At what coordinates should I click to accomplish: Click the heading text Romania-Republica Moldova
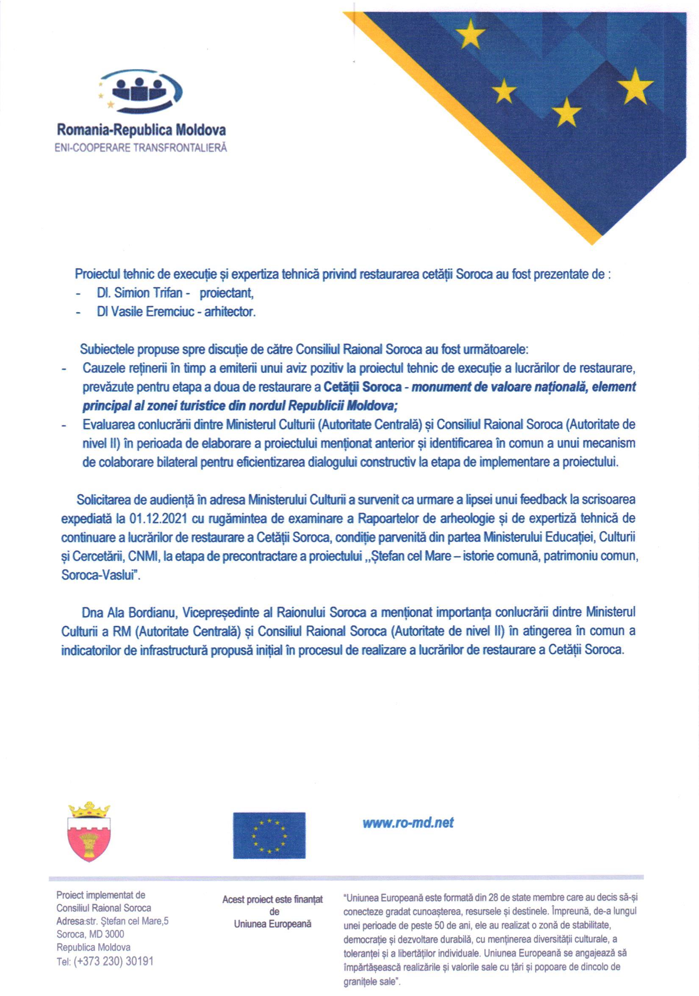pyautogui.click(x=141, y=130)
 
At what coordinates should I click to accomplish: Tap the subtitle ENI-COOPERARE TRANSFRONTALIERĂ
pyautogui.click(x=140, y=148)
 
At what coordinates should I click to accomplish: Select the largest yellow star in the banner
pyautogui.click(x=635, y=86)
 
